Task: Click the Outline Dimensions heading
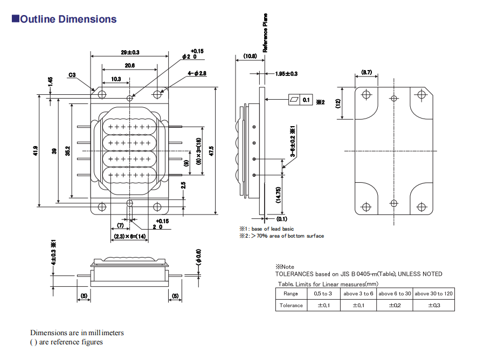tap(64, 19)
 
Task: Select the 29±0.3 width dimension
tap(130, 52)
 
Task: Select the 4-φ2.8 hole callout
tap(197, 73)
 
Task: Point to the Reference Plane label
tap(265, 32)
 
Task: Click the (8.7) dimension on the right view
tap(367, 72)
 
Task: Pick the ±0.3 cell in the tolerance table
tap(433, 306)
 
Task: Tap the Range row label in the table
tap(291, 294)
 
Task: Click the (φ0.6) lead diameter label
tap(198, 257)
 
